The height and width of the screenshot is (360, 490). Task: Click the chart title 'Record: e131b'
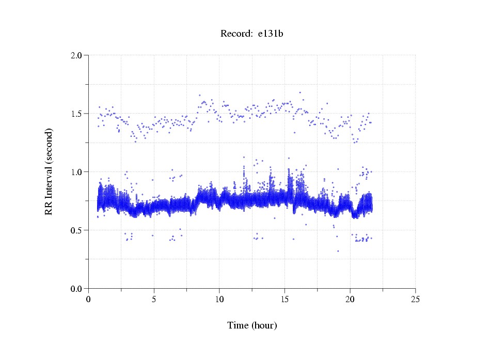click(x=252, y=34)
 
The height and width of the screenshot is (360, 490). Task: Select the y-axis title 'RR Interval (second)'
click(x=49, y=171)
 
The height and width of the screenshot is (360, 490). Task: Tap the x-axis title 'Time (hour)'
click(x=252, y=325)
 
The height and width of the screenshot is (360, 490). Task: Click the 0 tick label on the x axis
click(x=88, y=299)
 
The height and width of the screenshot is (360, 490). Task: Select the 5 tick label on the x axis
click(x=154, y=299)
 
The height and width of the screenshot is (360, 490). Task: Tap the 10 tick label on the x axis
click(x=219, y=299)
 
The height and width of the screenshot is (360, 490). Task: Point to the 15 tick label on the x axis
click(x=285, y=299)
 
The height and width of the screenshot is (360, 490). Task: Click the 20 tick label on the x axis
click(x=350, y=299)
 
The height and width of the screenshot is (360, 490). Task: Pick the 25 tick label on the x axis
click(x=416, y=299)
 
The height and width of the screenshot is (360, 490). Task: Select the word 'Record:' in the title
click(x=236, y=34)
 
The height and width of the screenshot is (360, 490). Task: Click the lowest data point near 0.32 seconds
click(x=338, y=251)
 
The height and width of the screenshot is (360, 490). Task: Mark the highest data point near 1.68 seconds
click(x=300, y=92)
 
